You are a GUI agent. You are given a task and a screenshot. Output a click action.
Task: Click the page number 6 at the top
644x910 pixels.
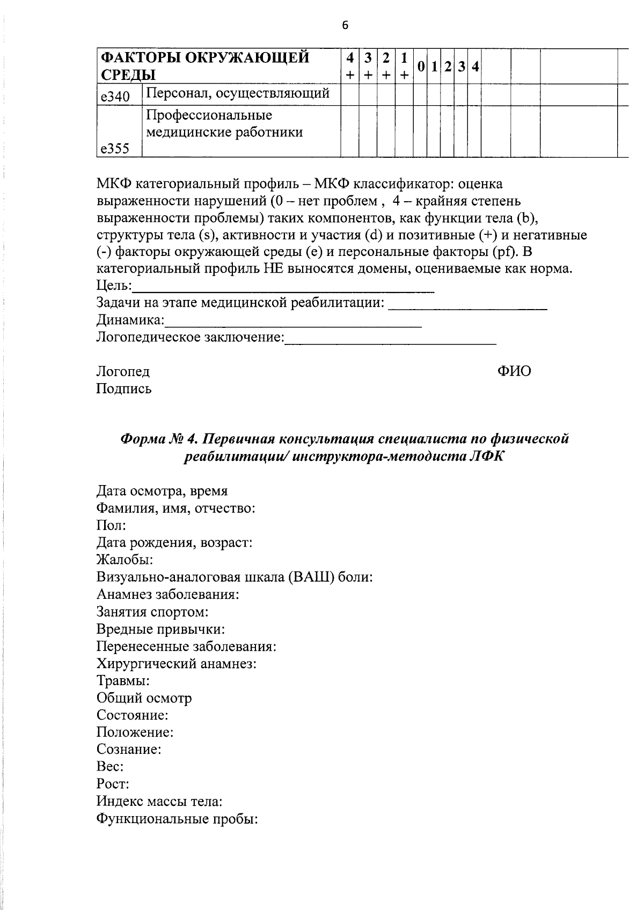click(345, 25)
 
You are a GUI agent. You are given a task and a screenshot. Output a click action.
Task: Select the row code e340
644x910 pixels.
click(114, 97)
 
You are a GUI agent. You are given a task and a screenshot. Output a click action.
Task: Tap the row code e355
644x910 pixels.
click(114, 149)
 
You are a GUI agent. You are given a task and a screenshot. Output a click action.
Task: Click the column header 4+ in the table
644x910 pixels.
click(350, 66)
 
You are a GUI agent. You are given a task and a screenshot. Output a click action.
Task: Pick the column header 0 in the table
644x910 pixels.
click(421, 66)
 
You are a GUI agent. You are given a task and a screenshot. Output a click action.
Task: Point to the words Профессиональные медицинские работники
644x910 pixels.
click(224, 124)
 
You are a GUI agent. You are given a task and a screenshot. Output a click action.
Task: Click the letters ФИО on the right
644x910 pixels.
click(514, 371)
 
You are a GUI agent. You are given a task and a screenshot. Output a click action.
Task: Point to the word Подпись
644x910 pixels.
click(124, 388)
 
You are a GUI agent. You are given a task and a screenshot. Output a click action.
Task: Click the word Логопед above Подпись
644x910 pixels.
click(123, 371)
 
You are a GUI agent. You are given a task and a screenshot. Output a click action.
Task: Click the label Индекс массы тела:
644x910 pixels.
click(159, 802)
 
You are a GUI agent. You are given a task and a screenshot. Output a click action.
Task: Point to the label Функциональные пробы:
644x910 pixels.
click(178, 819)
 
